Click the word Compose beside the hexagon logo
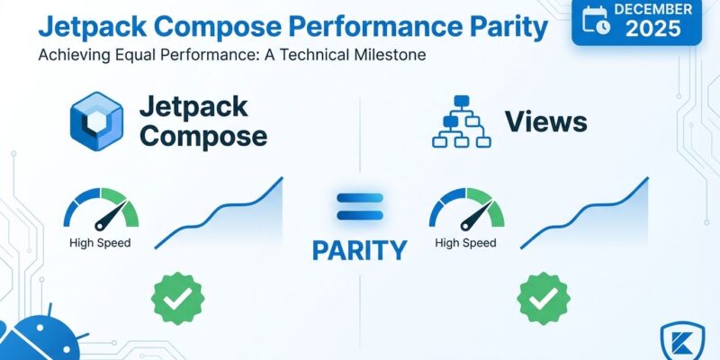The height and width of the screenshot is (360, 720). click(x=203, y=136)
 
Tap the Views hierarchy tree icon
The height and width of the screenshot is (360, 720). click(x=459, y=122)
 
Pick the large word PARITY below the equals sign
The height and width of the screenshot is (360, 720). click(x=359, y=250)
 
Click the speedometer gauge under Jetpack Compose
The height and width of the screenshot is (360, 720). click(x=100, y=210)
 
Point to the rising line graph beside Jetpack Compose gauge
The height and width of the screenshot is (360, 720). click(x=220, y=216)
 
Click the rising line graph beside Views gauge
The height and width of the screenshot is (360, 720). click(x=585, y=216)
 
